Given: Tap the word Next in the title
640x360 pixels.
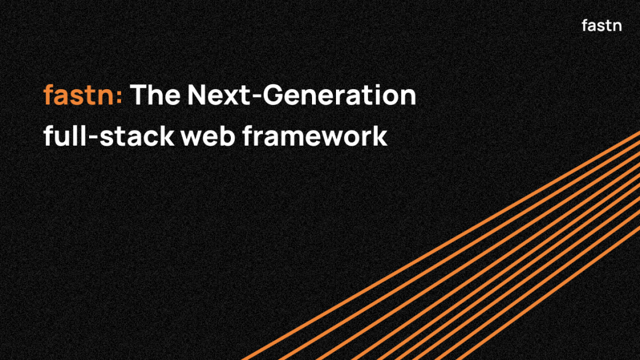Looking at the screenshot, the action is [219, 95].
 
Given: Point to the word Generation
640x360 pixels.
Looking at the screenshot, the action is [339, 95].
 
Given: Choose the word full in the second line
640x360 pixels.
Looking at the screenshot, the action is [65, 136].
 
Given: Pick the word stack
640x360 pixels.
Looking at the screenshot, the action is [137, 136].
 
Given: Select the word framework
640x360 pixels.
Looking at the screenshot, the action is [314, 136].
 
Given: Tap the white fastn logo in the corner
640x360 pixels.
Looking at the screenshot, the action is [602, 25].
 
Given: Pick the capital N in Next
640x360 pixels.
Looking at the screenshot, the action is [197, 95].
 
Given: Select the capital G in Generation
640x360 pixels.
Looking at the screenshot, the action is [273, 95].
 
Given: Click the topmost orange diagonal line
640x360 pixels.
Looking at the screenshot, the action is [441, 246].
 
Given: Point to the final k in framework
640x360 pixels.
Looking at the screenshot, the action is [380, 136].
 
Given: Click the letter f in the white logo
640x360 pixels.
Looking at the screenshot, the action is [585, 25].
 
